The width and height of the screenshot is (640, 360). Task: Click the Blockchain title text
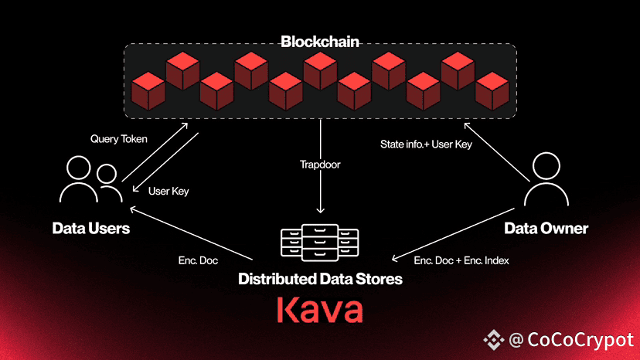point(320,42)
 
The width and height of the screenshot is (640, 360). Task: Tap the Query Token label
point(119,139)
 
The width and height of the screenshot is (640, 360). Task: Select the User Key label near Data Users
point(169,192)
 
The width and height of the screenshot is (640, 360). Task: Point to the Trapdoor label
point(320,165)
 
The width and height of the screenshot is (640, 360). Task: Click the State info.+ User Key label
point(426,144)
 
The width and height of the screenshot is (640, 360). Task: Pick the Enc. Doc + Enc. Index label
point(461,260)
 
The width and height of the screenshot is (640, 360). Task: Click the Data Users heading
point(91,228)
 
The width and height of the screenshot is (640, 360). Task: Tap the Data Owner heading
point(546,228)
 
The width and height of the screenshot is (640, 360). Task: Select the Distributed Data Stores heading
point(321,279)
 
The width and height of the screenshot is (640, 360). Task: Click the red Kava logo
point(320,310)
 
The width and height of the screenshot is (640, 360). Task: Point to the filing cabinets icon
point(320,242)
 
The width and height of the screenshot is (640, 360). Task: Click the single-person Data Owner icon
point(546,179)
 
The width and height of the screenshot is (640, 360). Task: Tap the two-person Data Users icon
point(91,179)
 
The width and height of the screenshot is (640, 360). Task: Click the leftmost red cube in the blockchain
point(148,91)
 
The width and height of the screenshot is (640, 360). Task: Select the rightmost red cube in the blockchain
point(492,91)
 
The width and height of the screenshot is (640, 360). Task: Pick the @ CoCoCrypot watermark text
point(571,340)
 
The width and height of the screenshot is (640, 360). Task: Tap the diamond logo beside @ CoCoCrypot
point(493,340)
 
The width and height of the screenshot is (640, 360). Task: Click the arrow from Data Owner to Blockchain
point(497,152)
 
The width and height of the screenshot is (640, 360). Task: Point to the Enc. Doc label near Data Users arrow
point(198,260)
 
